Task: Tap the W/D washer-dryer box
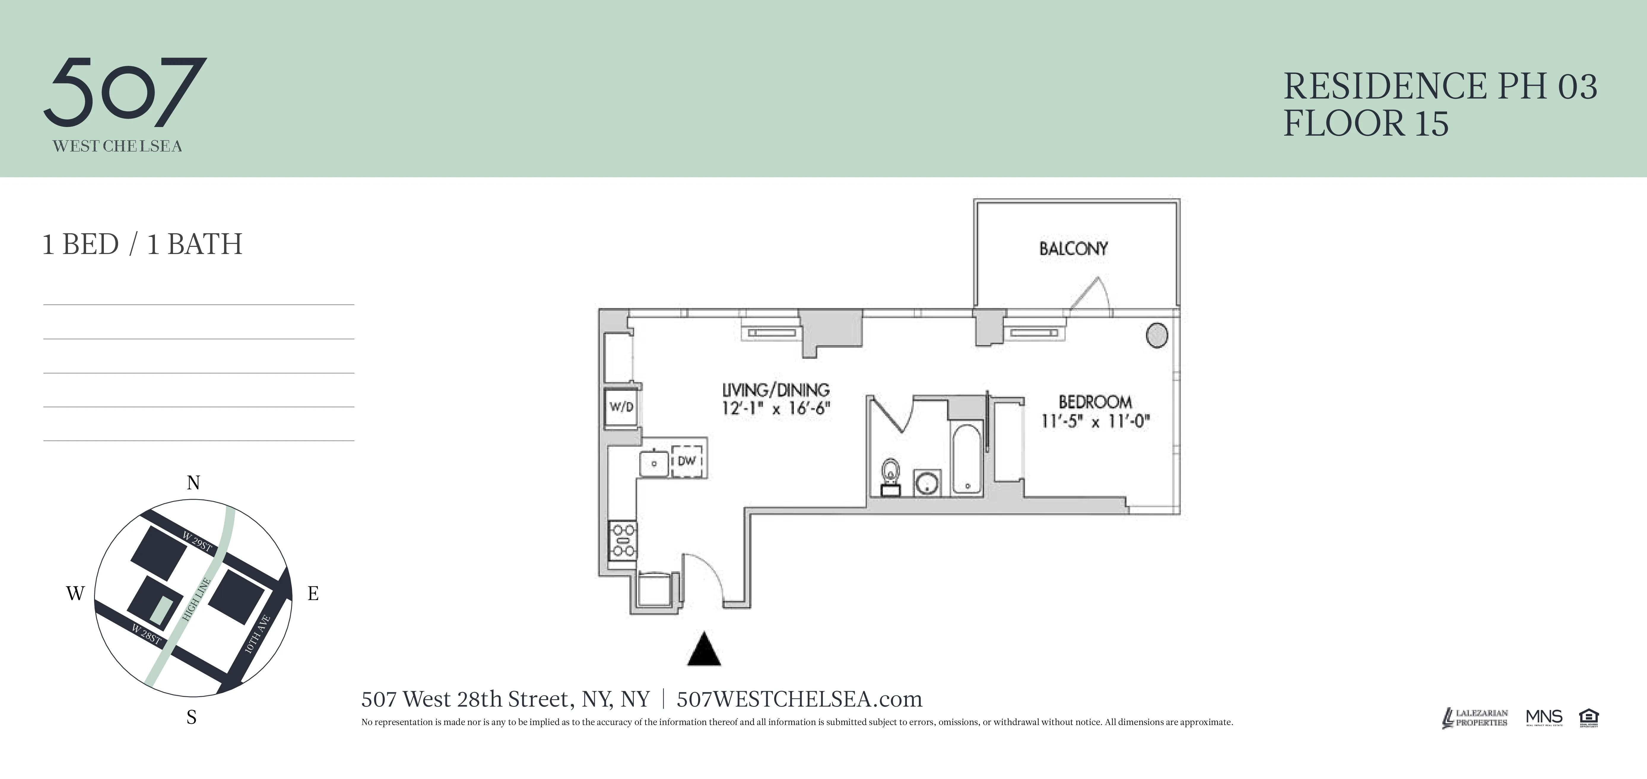(x=621, y=407)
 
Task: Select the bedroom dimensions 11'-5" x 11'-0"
(x=1095, y=421)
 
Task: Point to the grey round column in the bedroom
(x=1156, y=334)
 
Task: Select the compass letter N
(x=193, y=483)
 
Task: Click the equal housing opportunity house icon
(x=1588, y=717)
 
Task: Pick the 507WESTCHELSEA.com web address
(x=799, y=699)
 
